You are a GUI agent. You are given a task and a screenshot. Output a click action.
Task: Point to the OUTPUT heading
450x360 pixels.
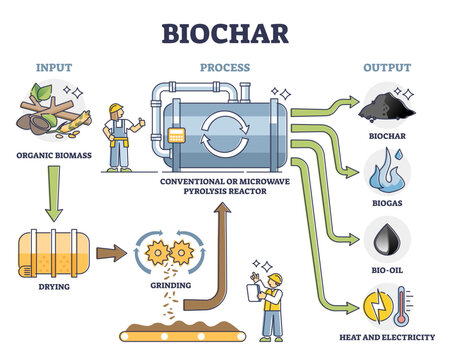(388, 69)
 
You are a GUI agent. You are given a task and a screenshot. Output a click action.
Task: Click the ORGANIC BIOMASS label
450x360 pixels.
(55, 156)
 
